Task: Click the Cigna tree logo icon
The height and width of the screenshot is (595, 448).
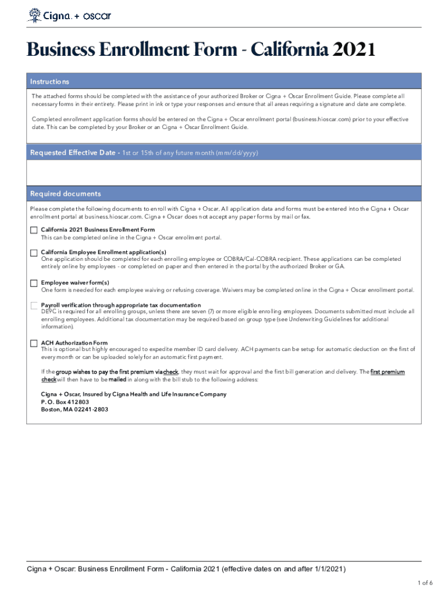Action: (x=34, y=15)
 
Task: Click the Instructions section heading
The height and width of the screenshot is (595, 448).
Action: (x=50, y=82)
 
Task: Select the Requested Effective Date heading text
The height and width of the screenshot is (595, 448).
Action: (x=73, y=153)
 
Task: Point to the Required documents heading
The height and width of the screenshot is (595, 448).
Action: (x=65, y=193)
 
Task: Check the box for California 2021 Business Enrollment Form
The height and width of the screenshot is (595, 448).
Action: (x=34, y=230)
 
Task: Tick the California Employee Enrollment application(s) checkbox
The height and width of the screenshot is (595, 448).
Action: (x=34, y=252)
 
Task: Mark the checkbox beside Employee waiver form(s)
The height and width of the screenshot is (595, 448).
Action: (x=34, y=283)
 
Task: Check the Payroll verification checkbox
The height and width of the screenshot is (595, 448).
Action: (x=34, y=306)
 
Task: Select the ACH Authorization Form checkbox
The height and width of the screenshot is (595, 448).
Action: (x=34, y=343)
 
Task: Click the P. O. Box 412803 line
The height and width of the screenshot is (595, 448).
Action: (x=65, y=402)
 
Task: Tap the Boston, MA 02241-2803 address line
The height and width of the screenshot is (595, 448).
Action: (x=74, y=409)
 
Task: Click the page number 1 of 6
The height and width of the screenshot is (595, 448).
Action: (x=424, y=582)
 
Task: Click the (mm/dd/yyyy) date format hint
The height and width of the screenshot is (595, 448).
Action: (x=236, y=153)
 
